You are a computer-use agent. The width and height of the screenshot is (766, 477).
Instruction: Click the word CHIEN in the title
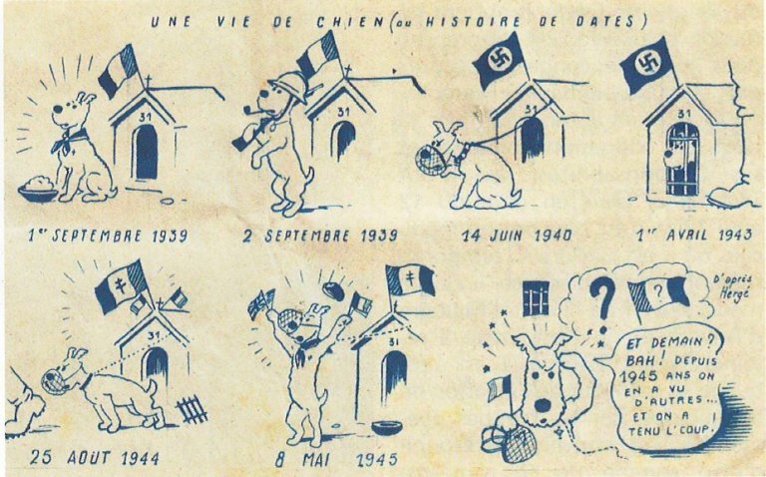[x=350, y=23]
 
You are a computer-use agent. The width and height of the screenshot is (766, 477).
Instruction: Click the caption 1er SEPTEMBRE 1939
[x=108, y=236]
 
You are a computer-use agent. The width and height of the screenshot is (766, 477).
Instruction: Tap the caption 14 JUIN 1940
[x=517, y=236]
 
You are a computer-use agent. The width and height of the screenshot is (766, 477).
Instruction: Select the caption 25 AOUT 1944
[x=95, y=457]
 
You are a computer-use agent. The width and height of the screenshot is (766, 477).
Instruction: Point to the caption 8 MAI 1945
[x=336, y=459]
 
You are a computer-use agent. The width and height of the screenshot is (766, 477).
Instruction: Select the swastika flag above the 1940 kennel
[x=501, y=59]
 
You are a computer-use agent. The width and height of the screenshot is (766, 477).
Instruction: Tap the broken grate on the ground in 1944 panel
[x=191, y=409]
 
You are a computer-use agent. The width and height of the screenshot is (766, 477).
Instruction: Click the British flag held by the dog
[x=260, y=303]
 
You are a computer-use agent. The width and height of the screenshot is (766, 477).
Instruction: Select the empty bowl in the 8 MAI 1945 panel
[x=386, y=428]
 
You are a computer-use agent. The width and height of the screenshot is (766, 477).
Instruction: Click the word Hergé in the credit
[x=733, y=294]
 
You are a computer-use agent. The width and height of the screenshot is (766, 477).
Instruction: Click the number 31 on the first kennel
[x=145, y=117]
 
